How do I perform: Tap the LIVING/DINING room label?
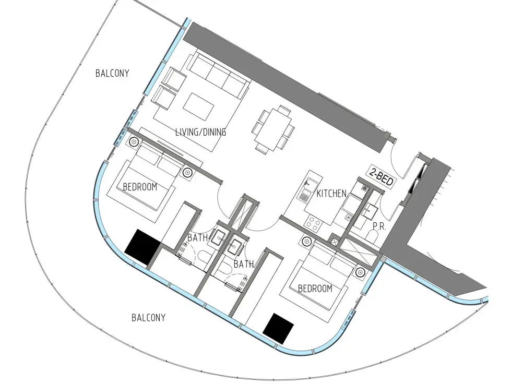pyautogui.click(x=200, y=132)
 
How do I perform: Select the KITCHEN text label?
pyautogui.click(x=331, y=194)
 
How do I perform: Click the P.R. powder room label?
pyautogui.click(x=379, y=226)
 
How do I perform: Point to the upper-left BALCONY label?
pyautogui.click(x=112, y=73)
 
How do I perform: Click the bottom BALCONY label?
pyautogui.click(x=148, y=317)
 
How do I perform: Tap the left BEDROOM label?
pyautogui.click(x=140, y=187)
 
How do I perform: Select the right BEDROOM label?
pyautogui.click(x=315, y=289)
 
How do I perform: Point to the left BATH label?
pyautogui.click(x=198, y=238)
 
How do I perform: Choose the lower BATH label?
pyautogui.click(x=244, y=265)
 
